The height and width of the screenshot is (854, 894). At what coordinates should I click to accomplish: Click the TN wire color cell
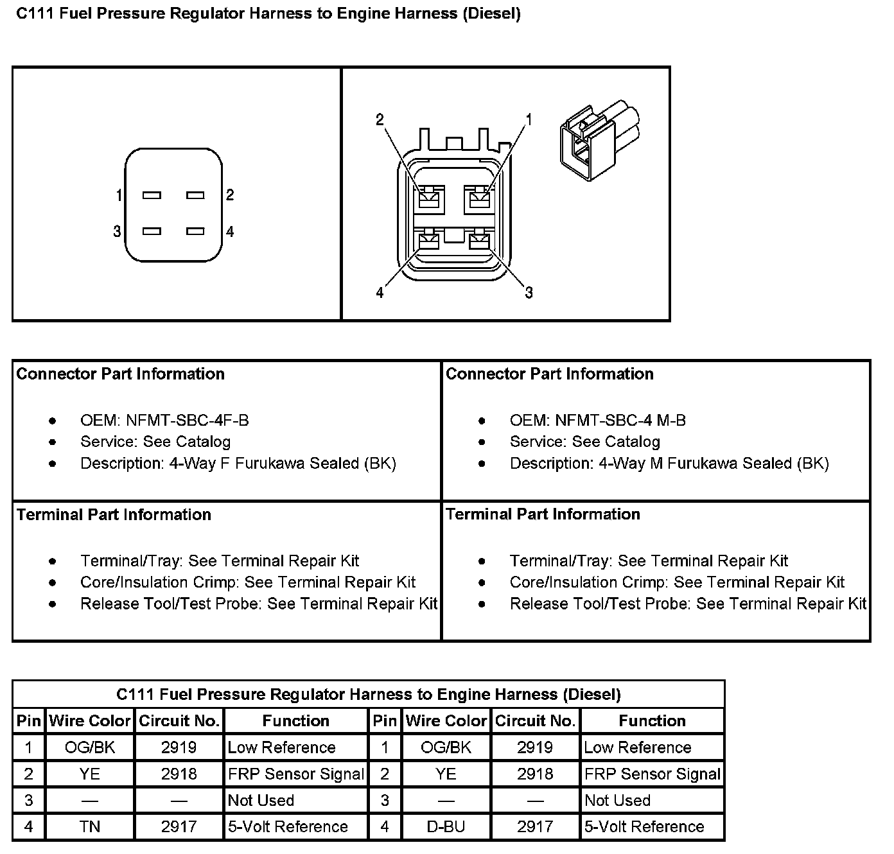[90, 826]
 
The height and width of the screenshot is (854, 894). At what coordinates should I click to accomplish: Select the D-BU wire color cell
[446, 826]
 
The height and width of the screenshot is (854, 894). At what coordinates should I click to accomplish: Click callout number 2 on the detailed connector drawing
[380, 119]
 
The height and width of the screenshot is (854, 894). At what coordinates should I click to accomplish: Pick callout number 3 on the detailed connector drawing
[529, 293]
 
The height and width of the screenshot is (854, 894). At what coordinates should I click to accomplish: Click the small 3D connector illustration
[600, 138]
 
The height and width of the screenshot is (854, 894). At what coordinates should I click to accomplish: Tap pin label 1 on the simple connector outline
[119, 195]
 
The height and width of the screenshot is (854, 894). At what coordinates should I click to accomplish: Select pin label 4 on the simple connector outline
[230, 232]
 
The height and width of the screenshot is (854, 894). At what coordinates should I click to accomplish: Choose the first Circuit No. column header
[179, 720]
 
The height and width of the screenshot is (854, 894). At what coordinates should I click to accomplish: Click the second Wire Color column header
[446, 720]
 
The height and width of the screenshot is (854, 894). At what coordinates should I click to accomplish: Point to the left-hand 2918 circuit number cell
[179, 774]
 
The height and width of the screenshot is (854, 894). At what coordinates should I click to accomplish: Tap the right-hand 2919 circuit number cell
[535, 747]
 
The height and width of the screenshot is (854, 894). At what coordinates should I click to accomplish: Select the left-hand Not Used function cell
[261, 800]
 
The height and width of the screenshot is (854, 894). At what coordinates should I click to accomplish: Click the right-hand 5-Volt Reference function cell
[644, 826]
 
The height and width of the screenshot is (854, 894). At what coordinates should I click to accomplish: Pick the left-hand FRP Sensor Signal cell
[296, 774]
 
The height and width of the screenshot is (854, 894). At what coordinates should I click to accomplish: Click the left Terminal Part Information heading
[114, 514]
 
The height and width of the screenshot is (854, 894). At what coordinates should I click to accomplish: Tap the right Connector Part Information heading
[549, 374]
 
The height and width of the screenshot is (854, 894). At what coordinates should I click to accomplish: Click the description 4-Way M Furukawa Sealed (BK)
[669, 464]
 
